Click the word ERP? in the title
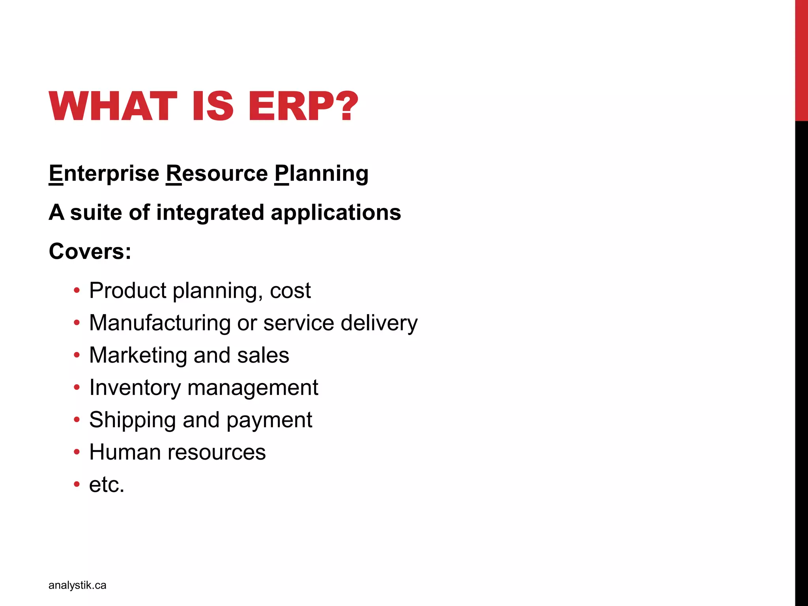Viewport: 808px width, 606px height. pyautogui.click(x=303, y=106)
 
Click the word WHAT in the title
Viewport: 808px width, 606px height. pyautogui.click(x=113, y=106)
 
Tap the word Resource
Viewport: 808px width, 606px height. pyautogui.click(x=217, y=174)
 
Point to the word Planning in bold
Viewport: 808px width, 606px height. pyautogui.click(x=322, y=174)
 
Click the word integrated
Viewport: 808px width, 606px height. pyautogui.click(x=210, y=213)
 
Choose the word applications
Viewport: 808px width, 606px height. pyautogui.click(x=336, y=213)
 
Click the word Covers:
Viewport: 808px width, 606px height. pyautogui.click(x=90, y=251)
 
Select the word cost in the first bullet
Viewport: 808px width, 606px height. pyautogui.click(x=290, y=291)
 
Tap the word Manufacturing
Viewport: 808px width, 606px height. pyautogui.click(x=160, y=323)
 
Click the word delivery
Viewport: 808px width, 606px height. pyautogui.click(x=379, y=323)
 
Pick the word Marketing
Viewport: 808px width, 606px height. pyautogui.click(x=138, y=355)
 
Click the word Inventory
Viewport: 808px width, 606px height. pyautogui.click(x=135, y=388)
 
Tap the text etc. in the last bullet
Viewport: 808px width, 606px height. pyautogui.click(x=107, y=484)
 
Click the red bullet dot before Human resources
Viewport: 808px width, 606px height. pyautogui.click(x=77, y=452)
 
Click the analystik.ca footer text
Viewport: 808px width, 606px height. pyautogui.click(x=77, y=585)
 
